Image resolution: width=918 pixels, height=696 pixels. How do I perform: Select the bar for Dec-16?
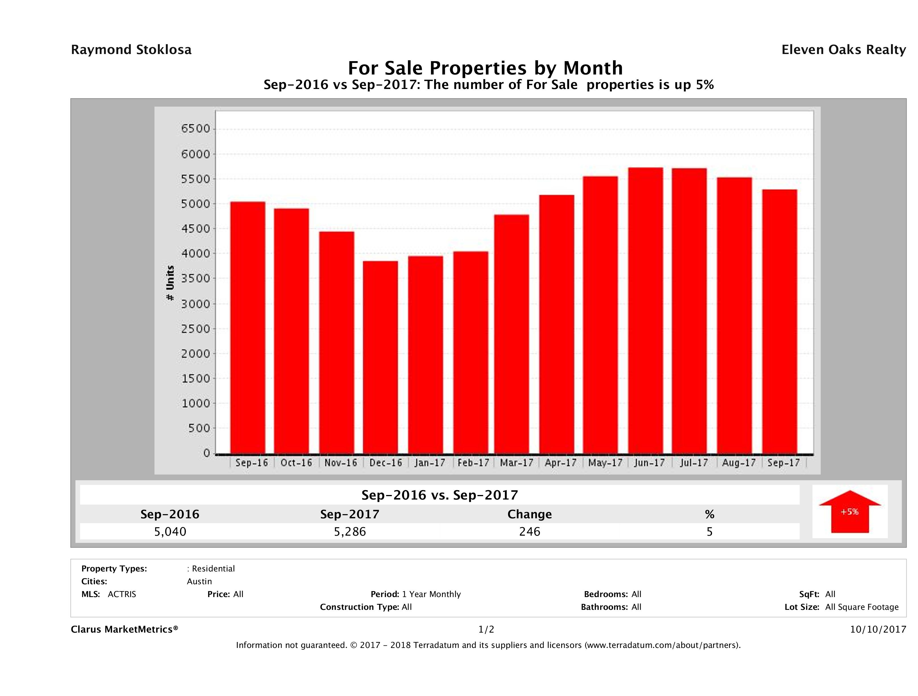click(x=380, y=357)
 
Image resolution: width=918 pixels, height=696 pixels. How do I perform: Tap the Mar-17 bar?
click(x=512, y=334)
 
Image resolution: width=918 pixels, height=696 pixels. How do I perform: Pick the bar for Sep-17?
click(x=779, y=322)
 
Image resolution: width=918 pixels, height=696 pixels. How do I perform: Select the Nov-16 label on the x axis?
click(x=340, y=463)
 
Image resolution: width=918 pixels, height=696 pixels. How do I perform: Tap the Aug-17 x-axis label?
click(x=739, y=463)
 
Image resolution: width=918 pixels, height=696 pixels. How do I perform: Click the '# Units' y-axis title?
click(x=170, y=283)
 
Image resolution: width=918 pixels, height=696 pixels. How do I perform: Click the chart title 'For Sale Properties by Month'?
click(x=485, y=68)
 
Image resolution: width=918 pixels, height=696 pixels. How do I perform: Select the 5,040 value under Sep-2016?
click(x=170, y=531)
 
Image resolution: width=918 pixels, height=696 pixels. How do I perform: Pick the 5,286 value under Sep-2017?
click(x=350, y=531)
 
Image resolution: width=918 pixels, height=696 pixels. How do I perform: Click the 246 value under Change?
click(x=530, y=531)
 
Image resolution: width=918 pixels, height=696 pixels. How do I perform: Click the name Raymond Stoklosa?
click(x=131, y=50)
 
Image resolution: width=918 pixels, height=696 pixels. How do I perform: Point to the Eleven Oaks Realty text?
click(x=843, y=50)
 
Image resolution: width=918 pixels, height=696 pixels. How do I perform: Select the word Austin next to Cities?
click(x=199, y=581)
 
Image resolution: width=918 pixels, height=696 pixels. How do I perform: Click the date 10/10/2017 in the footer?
click(x=878, y=630)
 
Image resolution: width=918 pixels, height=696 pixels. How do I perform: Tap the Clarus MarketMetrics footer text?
click(x=125, y=630)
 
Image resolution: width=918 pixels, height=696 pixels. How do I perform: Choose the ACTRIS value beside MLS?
click(x=121, y=594)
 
